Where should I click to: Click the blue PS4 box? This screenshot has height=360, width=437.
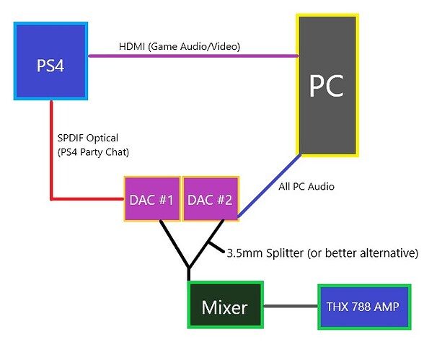(50, 61)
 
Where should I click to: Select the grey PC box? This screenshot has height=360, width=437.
(327, 84)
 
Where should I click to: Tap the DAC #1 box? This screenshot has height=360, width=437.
(151, 199)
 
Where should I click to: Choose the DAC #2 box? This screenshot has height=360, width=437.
(210, 199)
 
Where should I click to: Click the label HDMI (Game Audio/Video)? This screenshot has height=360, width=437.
(179, 47)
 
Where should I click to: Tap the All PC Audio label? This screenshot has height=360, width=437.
(306, 186)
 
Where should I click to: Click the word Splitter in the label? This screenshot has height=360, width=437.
(286, 253)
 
